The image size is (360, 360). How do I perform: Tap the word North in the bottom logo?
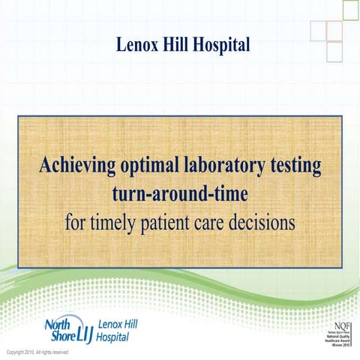click(58, 324)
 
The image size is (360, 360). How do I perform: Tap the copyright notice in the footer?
click(37, 352)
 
